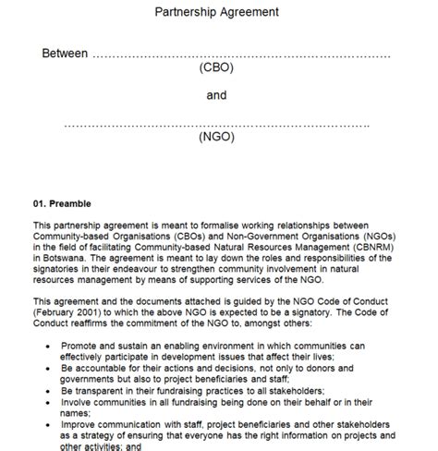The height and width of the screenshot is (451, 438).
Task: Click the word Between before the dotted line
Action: tap(65, 54)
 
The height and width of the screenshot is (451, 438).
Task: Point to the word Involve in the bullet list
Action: tap(80, 402)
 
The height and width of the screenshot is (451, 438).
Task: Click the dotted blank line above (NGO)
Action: tap(217, 123)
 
